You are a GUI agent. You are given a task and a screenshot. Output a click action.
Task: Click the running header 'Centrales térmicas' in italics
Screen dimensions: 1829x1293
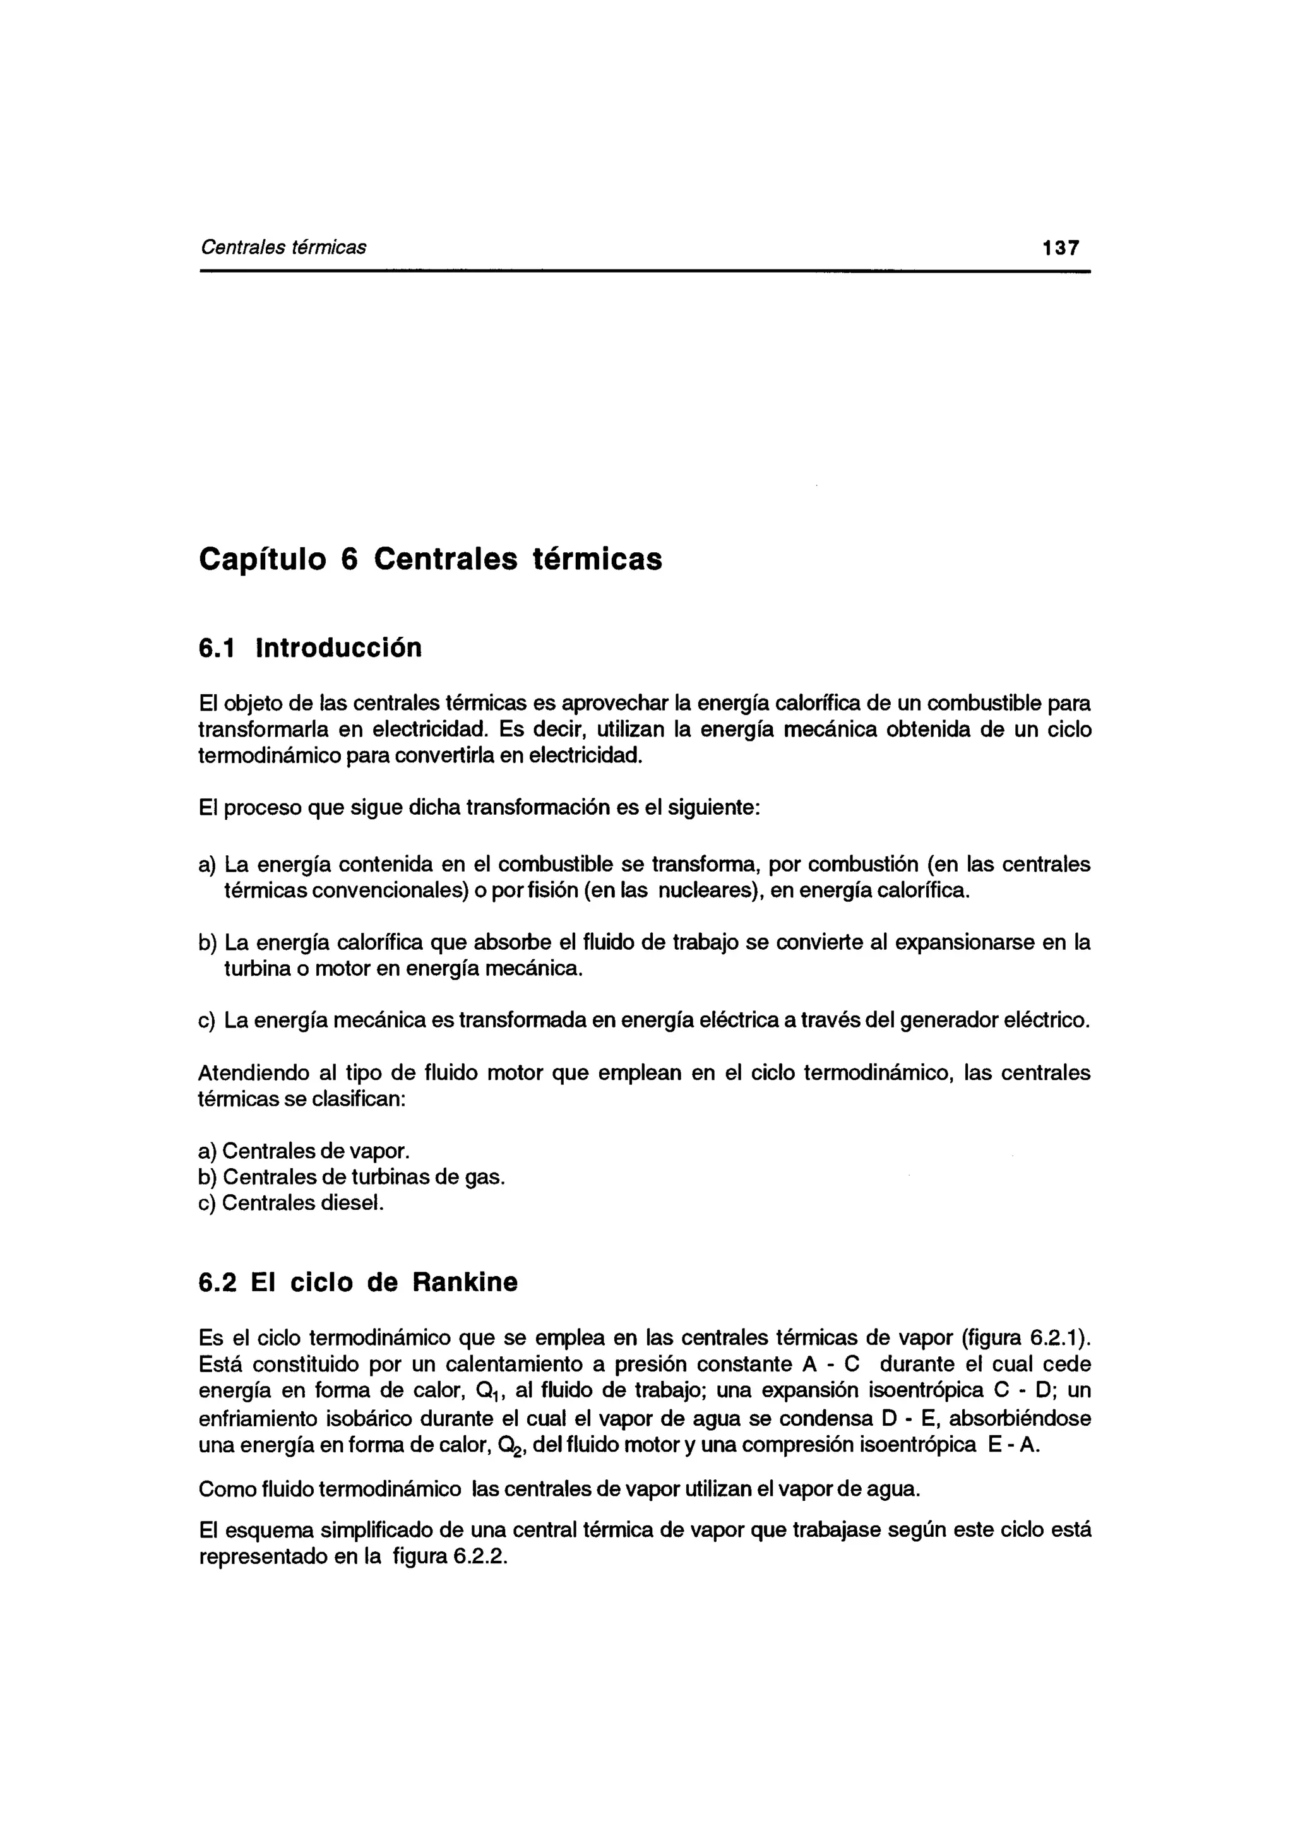point(283,248)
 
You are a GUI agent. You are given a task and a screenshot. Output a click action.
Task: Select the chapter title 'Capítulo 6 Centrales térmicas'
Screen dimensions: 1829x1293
point(430,559)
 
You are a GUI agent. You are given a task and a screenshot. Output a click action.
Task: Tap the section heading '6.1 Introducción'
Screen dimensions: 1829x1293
point(310,648)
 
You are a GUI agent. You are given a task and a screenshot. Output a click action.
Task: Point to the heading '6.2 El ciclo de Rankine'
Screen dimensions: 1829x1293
point(358,1282)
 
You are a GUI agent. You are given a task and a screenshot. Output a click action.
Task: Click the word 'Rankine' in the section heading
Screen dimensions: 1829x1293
point(465,1282)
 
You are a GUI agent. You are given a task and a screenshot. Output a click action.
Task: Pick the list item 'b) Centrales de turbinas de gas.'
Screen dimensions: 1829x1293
point(351,1176)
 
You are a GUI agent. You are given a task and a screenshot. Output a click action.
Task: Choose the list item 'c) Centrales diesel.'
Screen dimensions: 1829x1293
point(291,1202)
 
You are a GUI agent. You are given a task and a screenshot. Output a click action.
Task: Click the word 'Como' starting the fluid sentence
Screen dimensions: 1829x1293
point(225,1489)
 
